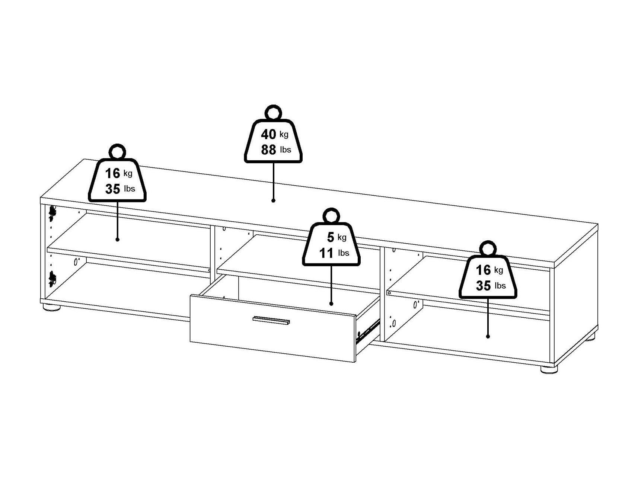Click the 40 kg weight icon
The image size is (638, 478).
click(x=273, y=141)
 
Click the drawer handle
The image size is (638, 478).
click(x=271, y=320)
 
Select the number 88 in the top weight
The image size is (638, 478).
click(x=268, y=150)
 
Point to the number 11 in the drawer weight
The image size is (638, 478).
click(x=326, y=253)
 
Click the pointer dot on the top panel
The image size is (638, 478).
click(x=273, y=200)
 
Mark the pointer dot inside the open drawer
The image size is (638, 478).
click(x=331, y=304)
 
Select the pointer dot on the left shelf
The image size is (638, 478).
click(x=117, y=240)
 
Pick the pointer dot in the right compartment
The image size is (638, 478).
click(x=488, y=336)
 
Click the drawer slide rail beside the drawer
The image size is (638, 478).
click(x=368, y=331)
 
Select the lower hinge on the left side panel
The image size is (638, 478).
click(x=52, y=278)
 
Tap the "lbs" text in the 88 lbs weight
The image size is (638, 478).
click(x=285, y=150)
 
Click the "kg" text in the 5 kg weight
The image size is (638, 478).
click(x=342, y=237)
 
